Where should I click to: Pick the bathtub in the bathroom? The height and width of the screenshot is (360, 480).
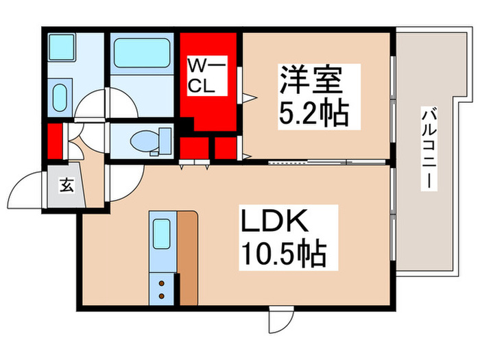[x=141, y=53]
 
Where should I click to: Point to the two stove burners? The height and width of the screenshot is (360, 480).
[x=162, y=287]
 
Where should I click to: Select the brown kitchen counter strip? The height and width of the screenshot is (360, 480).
[x=188, y=257]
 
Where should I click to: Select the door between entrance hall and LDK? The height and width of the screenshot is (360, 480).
[x=124, y=182]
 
